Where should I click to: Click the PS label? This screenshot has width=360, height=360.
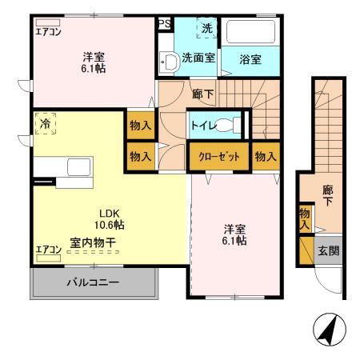(x=165, y=24)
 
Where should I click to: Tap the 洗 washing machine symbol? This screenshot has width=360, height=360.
(x=206, y=29)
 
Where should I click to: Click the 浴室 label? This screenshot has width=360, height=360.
(x=251, y=58)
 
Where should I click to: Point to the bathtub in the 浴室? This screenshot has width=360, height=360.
(x=251, y=31)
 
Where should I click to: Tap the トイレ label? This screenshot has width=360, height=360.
(x=202, y=125)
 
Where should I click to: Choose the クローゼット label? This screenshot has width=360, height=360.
(x=219, y=156)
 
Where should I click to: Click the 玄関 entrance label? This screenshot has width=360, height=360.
(x=328, y=251)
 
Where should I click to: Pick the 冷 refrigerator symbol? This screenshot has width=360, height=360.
(x=45, y=126)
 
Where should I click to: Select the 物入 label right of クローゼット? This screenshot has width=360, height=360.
(x=266, y=156)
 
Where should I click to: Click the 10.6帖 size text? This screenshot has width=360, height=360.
(x=110, y=226)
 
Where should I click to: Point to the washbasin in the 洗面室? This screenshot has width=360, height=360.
(x=169, y=62)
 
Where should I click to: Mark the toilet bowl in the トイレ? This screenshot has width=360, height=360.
(x=230, y=125)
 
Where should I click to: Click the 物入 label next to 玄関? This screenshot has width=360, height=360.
(x=305, y=219)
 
